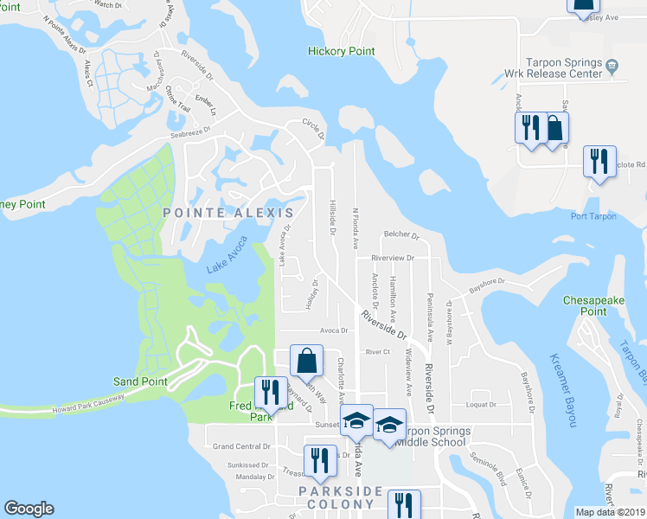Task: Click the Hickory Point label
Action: pyautogui.click(x=342, y=52)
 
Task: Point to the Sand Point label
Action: pyautogui.click(x=139, y=381)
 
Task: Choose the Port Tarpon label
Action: pyautogui.click(x=593, y=216)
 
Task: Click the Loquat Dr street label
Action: pyautogui.click(x=481, y=404)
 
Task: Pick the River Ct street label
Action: pyautogui.click(x=378, y=352)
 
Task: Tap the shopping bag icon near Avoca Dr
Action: pyautogui.click(x=306, y=360)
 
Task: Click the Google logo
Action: pyautogui.click(x=29, y=509)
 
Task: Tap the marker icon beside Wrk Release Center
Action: pyautogui.click(x=612, y=65)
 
